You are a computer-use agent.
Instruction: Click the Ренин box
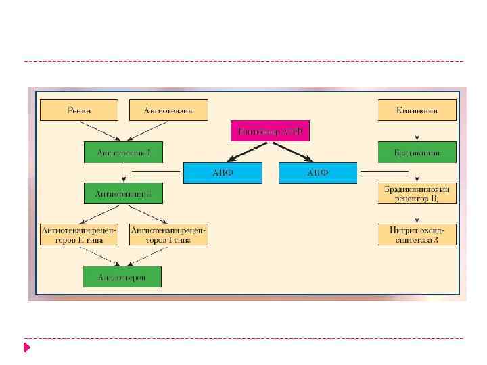[79, 110]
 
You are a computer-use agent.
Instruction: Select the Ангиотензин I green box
[123, 152]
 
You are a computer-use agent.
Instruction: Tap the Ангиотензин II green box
[123, 193]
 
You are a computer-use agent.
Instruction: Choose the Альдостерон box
[122, 276]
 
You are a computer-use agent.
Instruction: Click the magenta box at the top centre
[271, 130]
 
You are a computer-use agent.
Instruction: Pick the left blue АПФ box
[223, 173]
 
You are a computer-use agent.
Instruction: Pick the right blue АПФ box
[318, 173]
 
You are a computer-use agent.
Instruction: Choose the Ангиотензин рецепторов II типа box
[79, 235]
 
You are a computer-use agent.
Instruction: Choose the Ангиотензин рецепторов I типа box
[168, 235]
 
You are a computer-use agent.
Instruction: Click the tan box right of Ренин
[168, 110]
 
